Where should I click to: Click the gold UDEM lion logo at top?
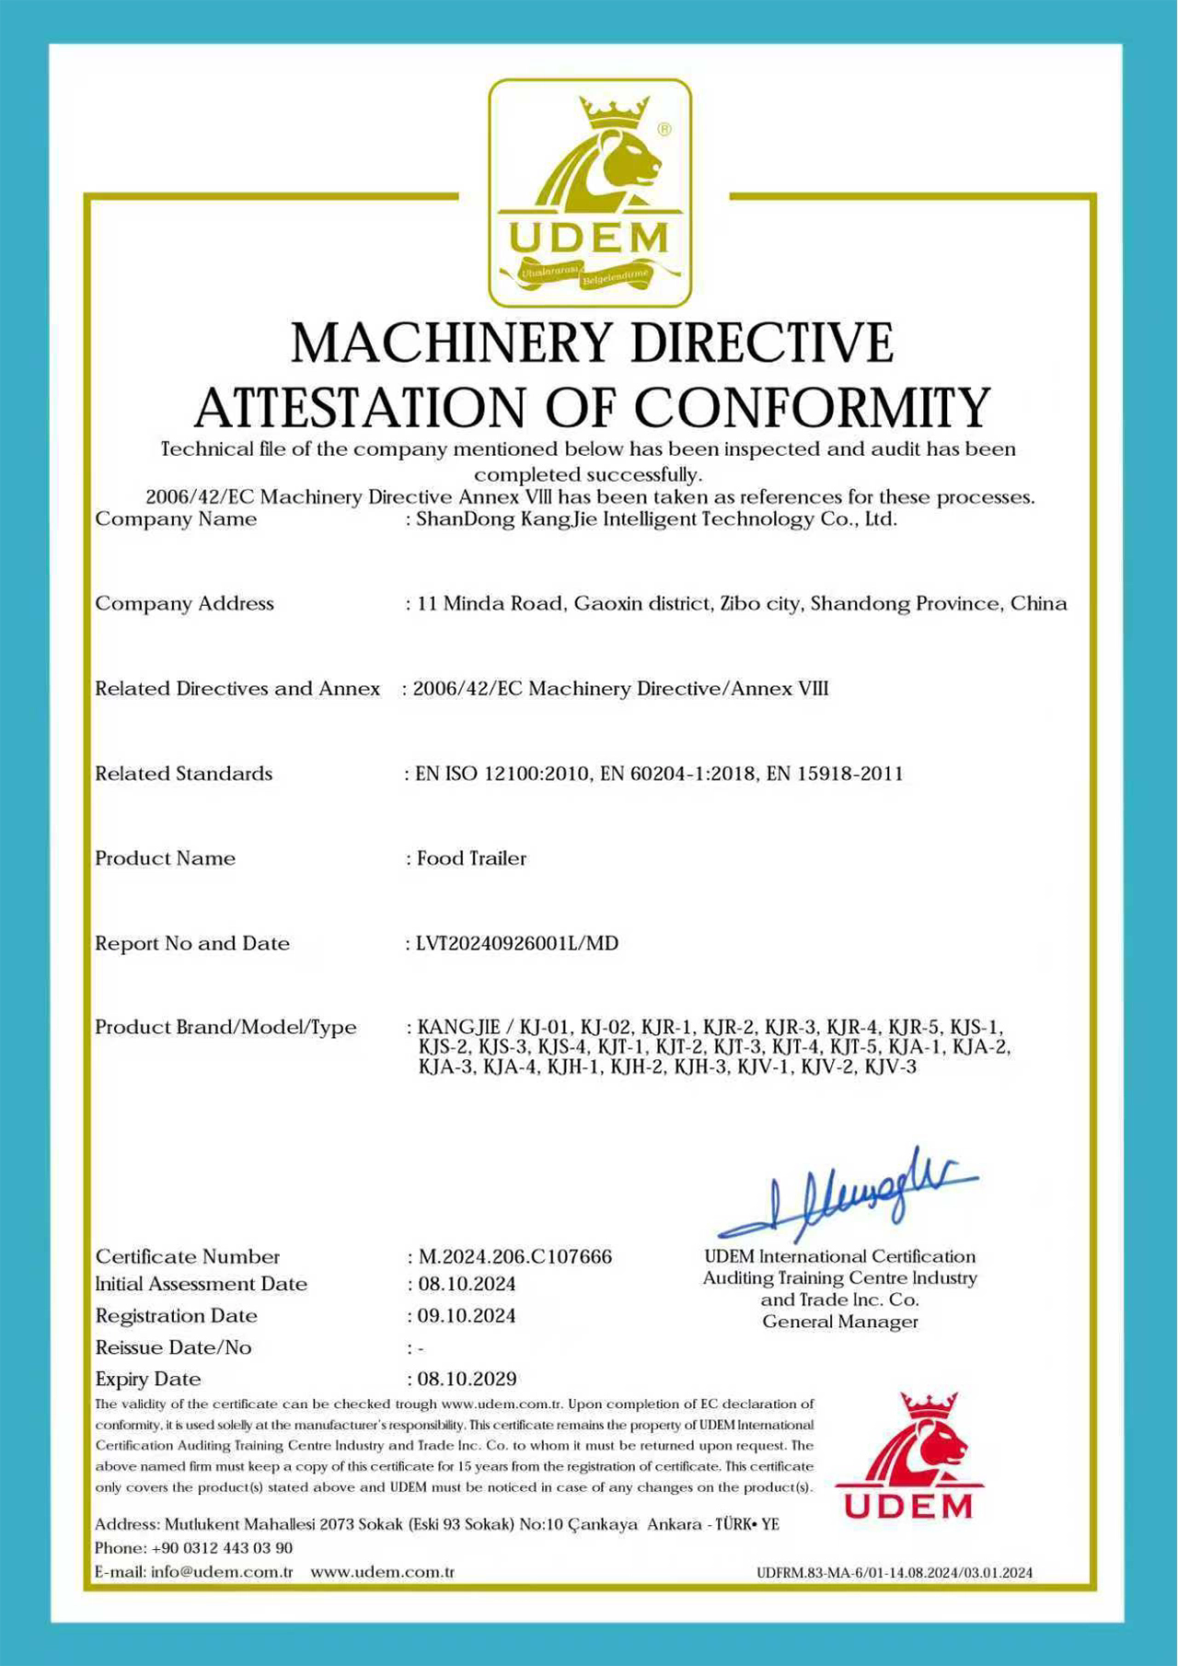pos(589,192)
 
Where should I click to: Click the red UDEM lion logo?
pos(908,1454)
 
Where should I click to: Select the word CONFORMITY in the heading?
pos(812,407)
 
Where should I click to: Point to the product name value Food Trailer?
pos(471,858)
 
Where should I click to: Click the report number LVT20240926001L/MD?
pos(517,943)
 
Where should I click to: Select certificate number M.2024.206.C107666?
pos(514,1256)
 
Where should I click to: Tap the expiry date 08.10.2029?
pos(467,1379)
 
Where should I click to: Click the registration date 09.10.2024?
pos(467,1315)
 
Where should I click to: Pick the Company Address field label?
pos(184,603)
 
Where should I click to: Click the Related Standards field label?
pos(183,774)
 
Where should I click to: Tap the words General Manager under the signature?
pos(840,1322)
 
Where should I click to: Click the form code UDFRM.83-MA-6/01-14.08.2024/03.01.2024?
pos(894,1573)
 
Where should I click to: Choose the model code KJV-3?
pos(890,1067)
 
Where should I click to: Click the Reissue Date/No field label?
pos(173,1347)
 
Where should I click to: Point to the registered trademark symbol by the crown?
pos(664,130)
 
